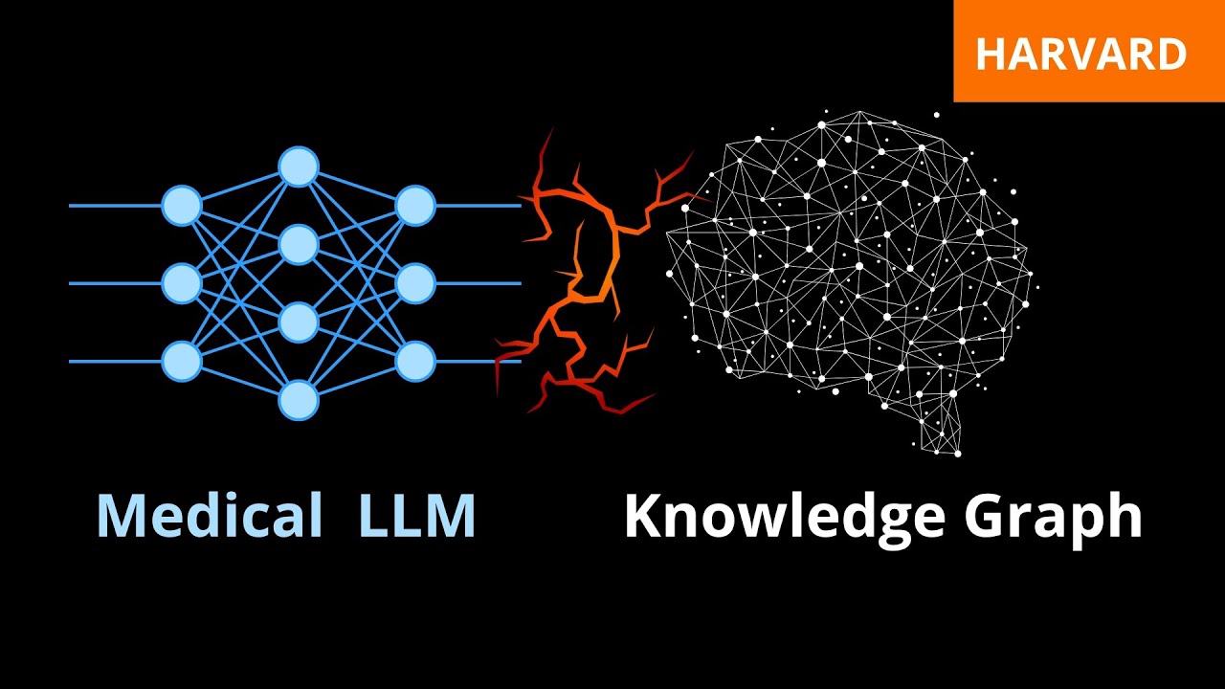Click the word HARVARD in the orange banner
(1080, 55)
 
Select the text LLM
(417, 517)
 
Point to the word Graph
(1053, 517)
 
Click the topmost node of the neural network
(299, 167)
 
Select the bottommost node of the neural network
(299, 400)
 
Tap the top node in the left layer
(182, 206)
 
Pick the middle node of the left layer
(182, 283)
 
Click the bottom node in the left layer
(182, 362)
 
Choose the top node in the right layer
(415, 206)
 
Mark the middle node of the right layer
(415, 283)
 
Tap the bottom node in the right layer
(415, 362)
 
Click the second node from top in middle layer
(299, 245)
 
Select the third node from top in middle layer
(299, 322)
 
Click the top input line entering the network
(115, 206)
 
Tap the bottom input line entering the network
(115, 362)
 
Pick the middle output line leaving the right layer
(479, 283)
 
